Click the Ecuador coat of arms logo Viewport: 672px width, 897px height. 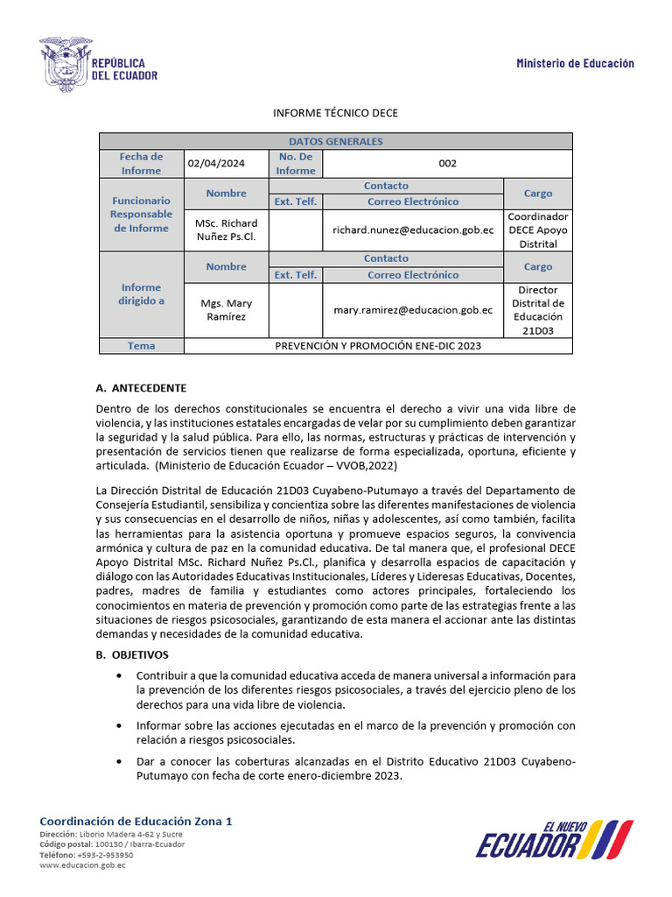point(65,65)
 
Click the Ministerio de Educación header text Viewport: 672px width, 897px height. point(575,63)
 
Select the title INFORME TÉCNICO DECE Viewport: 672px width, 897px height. point(336,113)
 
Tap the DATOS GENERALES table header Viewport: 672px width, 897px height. point(335,141)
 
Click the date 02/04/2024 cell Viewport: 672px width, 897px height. point(215,163)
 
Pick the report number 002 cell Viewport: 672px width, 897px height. point(447,163)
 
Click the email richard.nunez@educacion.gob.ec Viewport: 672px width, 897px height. point(413,230)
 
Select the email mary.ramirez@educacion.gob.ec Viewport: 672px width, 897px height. point(413,309)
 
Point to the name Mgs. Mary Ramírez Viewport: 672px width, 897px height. point(226,309)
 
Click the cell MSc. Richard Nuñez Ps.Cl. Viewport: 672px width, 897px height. point(226,230)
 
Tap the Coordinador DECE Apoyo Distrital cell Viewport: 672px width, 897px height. point(538,230)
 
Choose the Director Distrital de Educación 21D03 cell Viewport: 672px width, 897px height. point(538,309)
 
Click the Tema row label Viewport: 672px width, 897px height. point(141,345)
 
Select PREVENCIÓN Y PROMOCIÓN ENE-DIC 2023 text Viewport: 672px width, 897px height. point(378,345)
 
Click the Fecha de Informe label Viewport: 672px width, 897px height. point(141,163)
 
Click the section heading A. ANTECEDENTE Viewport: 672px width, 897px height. point(141,388)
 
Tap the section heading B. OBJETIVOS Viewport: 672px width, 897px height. point(132,654)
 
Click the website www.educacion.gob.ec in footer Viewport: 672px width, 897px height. point(82,865)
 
